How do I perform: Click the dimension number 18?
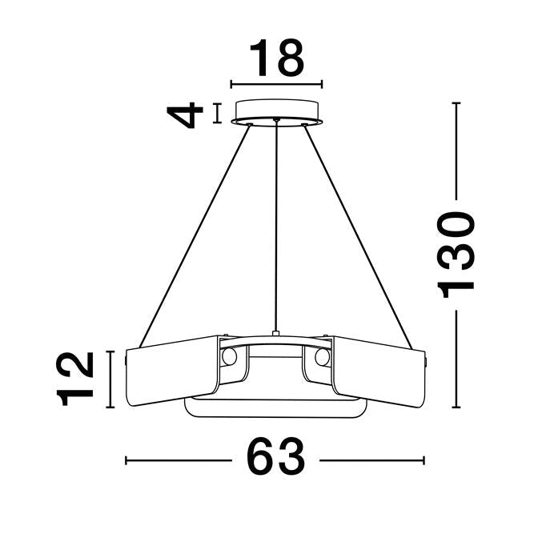[276, 58]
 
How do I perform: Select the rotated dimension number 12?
[78, 379]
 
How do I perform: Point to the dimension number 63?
[276, 460]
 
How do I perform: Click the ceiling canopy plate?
[276, 110]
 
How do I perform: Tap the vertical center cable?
[276, 224]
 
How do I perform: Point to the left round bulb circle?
[229, 356]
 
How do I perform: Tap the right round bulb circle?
[323, 356]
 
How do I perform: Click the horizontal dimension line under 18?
[276, 83]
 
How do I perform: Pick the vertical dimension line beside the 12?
[111, 379]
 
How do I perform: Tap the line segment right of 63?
[372, 460]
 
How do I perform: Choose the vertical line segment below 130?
[457, 360]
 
